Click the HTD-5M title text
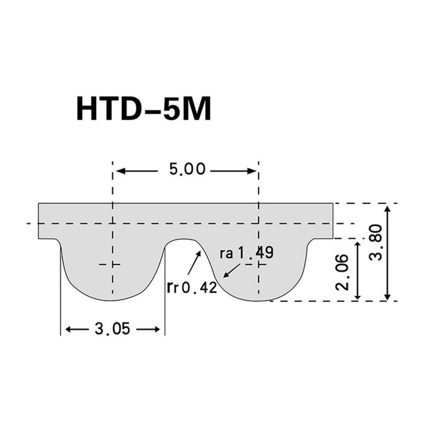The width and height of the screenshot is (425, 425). [143, 110]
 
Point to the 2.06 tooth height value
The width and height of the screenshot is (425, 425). [343, 272]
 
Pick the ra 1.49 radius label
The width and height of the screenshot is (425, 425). [246, 254]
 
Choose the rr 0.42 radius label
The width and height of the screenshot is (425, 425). [191, 287]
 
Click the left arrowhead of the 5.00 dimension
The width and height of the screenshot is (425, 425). [119, 170]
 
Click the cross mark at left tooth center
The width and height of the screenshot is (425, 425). [112, 265]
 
